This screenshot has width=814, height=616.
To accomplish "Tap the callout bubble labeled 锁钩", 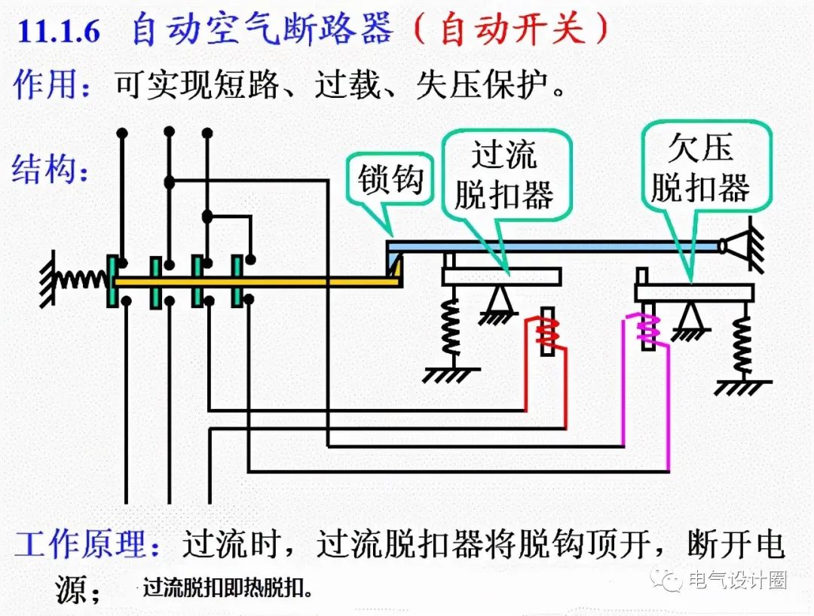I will tap(390, 181).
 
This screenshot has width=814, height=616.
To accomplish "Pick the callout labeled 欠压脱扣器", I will tap(700, 167).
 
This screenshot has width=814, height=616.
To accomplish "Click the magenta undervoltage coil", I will tap(647, 328).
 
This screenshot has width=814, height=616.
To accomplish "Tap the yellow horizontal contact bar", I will tap(256, 282).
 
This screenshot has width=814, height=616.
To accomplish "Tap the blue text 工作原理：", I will tap(88, 544).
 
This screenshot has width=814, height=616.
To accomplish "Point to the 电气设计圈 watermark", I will tap(724, 580).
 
